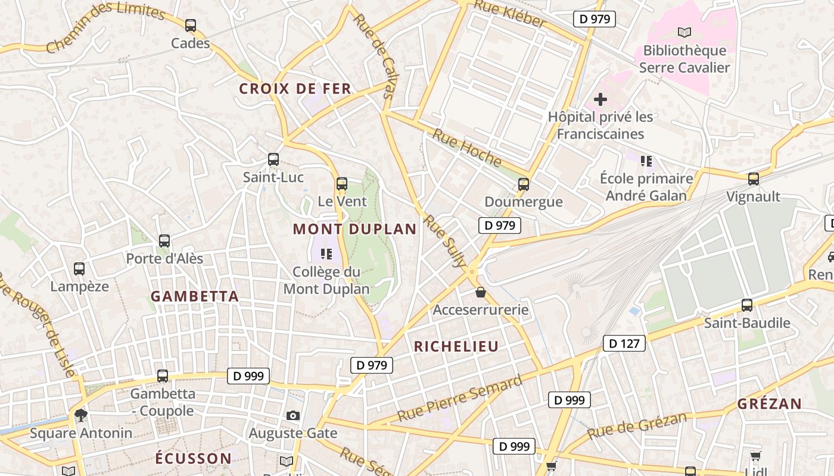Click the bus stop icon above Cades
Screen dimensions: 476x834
point(191,26)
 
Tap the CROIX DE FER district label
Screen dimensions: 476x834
point(295,89)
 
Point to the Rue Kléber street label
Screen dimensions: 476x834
point(510,14)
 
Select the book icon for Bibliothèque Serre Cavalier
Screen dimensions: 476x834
point(684,32)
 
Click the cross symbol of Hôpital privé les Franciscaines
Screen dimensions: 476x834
point(600,99)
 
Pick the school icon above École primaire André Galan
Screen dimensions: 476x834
point(646,161)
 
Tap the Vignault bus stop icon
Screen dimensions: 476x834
point(754,178)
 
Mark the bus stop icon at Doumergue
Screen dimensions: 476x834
point(524,184)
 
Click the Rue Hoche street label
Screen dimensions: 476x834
point(467,148)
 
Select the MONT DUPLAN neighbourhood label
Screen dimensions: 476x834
point(354,229)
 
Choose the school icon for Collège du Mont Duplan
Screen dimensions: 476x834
point(326,254)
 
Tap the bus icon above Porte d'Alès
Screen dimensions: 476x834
point(164,241)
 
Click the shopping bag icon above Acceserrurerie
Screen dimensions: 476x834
point(481,292)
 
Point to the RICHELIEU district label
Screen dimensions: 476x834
point(456,346)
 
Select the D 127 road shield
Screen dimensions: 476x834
point(624,343)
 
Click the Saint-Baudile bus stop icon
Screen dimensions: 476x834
point(747,305)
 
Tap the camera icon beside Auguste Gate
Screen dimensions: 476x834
point(292,415)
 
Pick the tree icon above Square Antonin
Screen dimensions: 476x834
point(80,415)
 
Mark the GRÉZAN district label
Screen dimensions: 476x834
point(770,404)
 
